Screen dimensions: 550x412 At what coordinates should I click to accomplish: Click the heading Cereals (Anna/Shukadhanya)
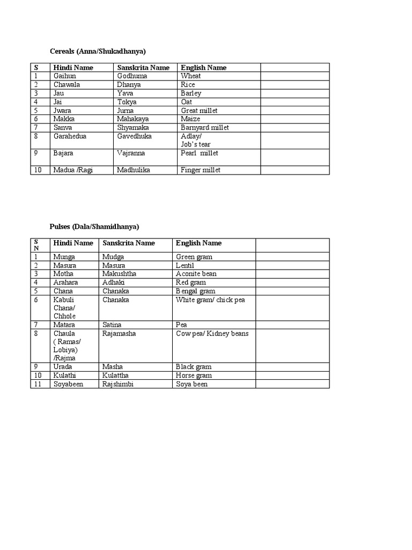click(98, 51)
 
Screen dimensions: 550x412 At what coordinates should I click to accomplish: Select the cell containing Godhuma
click(132, 76)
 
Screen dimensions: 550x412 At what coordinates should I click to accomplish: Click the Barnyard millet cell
click(205, 127)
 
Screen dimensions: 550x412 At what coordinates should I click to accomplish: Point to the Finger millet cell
click(201, 170)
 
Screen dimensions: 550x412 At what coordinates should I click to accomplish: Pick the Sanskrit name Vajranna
click(131, 153)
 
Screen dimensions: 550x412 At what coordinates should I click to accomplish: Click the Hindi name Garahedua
click(70, 136)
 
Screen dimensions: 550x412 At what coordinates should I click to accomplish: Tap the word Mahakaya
click(133, 119)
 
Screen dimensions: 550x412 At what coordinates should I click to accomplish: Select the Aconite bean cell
click(196, 273)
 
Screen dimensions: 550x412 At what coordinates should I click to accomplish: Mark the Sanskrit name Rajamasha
click(119, 334)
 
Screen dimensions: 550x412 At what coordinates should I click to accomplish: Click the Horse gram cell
click(194, 375)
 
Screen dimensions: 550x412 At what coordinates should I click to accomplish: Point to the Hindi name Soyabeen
click(68, 384)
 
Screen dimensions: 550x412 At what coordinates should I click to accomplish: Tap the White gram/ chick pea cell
click(210, 299)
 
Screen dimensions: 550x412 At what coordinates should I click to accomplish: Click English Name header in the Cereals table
click(203, 67)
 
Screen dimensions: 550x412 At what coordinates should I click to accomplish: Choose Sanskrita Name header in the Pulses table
click(129, 243)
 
